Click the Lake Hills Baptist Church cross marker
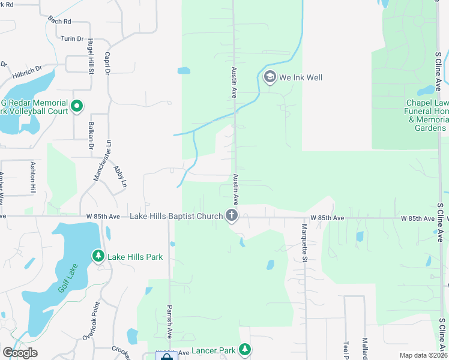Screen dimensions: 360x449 pos(232,216)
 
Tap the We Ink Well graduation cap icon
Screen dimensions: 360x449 pos(270,77)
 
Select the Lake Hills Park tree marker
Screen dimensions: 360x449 pos(98,257)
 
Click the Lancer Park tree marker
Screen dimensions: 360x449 pos(244,349)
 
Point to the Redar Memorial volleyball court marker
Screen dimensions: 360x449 pos(76,107)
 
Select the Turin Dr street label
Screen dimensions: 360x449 pos(72,38)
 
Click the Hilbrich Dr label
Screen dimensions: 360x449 pos(27,72)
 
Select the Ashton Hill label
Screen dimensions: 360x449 pos(33,178)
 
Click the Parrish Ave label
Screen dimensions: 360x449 pos(170,323)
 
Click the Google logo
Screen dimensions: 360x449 pos(20,353)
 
